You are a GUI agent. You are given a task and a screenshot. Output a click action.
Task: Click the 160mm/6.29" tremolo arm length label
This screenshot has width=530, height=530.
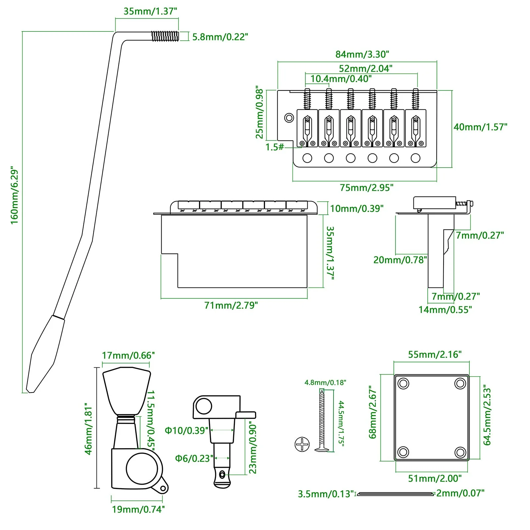tap(15, 195)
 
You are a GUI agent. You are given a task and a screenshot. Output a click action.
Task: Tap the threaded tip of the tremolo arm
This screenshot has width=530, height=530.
tap(165, 36)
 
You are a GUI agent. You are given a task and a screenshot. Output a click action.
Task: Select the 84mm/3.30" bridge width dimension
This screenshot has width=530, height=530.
tap(362, 54)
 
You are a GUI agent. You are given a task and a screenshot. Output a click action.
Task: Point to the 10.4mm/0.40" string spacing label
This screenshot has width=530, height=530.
tap(341, 79)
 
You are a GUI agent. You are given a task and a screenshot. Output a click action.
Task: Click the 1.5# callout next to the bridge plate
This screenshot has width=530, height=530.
tap(275, 147)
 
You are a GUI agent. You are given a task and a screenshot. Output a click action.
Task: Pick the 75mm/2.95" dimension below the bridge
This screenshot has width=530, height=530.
tap(367, 187)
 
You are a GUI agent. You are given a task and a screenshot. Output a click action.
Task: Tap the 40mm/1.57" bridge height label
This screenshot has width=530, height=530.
tap(480, 127)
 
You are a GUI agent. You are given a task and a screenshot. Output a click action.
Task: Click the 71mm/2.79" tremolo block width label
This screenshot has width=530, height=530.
tap(231, 305)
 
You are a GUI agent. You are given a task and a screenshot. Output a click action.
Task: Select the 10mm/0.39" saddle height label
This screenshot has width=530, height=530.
tap(357, 208)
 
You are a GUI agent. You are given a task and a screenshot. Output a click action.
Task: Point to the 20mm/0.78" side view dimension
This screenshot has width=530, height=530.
tap(400, 260)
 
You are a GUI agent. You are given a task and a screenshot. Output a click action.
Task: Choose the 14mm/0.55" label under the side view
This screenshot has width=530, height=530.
tap(445, 310)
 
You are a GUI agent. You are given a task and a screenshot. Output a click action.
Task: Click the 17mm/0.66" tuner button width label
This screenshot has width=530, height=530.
tap(128, 355)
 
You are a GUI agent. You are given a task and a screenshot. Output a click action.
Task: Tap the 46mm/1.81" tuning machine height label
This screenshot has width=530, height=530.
tap(88, 429)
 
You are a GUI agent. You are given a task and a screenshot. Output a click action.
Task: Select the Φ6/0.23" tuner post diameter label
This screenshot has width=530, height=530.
tap(194, 458)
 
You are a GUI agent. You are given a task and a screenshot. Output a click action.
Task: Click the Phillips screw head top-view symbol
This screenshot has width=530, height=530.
tap(302, 444)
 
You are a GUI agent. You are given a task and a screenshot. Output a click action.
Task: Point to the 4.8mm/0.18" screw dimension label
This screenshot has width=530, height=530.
tap(325, 383)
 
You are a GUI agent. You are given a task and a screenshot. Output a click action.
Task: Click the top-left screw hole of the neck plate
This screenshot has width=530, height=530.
tap(403, 384)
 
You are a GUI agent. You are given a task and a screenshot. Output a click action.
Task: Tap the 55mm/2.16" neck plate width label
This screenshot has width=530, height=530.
tap(435, 354)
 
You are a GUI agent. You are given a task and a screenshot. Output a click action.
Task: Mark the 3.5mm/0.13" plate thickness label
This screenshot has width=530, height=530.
tap(326, 494)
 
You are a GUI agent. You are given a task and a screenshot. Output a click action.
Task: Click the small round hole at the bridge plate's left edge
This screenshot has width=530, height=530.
tap(289, 118)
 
